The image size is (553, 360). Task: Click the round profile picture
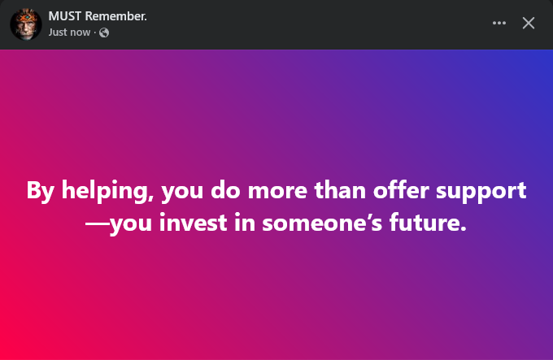tap(26, 24)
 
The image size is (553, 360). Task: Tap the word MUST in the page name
tap(65, 16)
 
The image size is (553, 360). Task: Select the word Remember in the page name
tap(115, 16)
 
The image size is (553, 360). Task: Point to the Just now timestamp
tap(69, 33)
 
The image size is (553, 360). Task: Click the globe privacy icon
tap(104, 33)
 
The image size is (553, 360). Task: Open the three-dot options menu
tap(499, 23)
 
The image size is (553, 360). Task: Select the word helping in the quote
tap(107, 191)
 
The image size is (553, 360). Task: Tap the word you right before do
tap(182, 193)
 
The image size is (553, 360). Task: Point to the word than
tap(340, 190)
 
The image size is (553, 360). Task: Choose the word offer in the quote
tap(401, 190)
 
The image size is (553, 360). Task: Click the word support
tap(481, 193)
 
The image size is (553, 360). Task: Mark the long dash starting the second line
tap(98, 223)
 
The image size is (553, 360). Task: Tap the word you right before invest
tap(131, 225)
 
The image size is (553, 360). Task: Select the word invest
tap(194, 223)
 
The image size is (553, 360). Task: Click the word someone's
tap(322, 223)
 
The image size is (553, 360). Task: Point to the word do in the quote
tap(225, 190)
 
